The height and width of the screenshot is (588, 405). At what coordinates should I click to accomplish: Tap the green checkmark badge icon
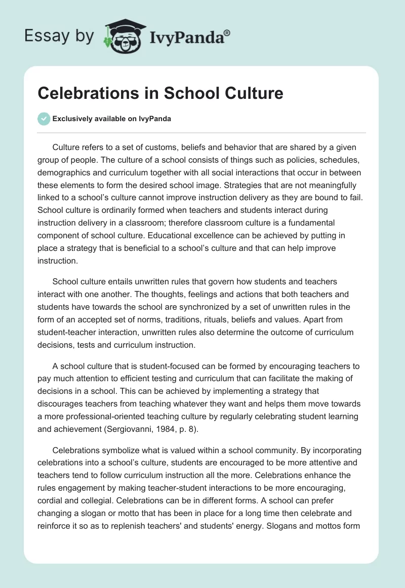44,119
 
